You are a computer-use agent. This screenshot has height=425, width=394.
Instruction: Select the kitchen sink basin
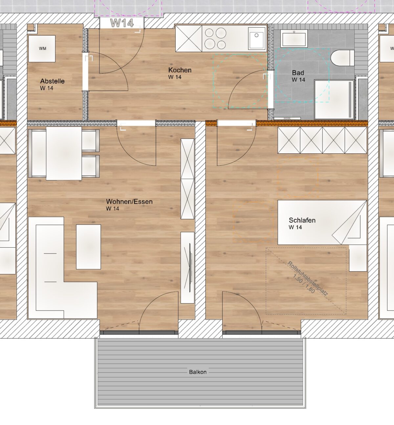(x=256, y=38)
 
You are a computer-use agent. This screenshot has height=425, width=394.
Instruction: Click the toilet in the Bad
(x=342, y=58)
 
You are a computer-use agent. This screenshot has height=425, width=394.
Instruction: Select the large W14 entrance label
(x=122, y=23)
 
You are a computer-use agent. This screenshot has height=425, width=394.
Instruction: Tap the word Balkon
(x=198, y=372)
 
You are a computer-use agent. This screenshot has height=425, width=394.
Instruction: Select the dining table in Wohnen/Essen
(x=64, y=153)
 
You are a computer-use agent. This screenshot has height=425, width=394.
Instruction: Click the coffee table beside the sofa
(x=88, y=247)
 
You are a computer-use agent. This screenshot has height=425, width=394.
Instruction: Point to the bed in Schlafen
(x=322, y=222)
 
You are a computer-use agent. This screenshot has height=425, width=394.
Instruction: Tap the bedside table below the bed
(x=358, y=258)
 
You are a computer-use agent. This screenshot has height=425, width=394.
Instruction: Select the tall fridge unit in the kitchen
(x=189, y=38)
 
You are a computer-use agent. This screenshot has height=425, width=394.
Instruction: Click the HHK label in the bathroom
(x=287, y=118)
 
